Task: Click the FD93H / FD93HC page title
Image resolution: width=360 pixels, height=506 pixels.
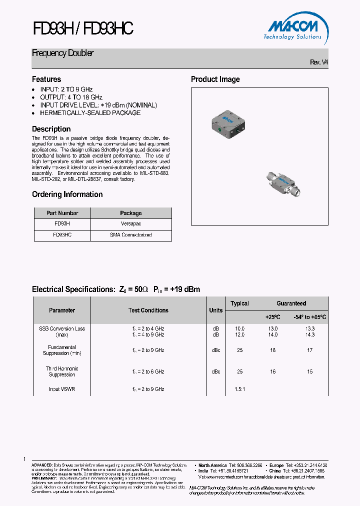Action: [x=83, y=29]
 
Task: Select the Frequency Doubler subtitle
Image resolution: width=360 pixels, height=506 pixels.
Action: [x=63, y=53]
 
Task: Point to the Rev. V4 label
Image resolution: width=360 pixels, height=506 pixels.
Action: [x=319, y=62]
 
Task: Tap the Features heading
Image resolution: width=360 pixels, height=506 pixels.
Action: [x=46, y=79]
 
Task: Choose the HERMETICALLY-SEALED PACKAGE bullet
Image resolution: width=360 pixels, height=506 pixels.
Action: [x=90, y=113]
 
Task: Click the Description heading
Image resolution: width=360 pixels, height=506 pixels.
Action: [x=51, y=129]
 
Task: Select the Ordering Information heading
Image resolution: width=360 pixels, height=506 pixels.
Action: [x=67, y=194]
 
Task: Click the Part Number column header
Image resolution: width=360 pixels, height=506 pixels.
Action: [x=62, y=213]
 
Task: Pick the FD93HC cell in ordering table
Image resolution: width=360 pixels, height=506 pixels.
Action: [x=62, y=234]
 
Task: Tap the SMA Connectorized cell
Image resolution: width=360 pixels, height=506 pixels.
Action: [x=131, y=234]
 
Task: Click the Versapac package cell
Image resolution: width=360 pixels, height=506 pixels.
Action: [x=131, y=224]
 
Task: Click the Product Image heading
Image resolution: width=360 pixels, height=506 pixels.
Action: [x=215, y=79]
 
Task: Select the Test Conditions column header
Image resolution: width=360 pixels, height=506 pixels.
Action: [x=148, y=310]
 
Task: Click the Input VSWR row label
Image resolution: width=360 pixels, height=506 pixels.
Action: [x=62, y=389]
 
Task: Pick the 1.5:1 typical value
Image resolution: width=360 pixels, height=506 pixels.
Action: [x=240, y=389]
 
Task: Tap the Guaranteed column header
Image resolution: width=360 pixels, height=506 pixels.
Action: [x=291, y=303]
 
